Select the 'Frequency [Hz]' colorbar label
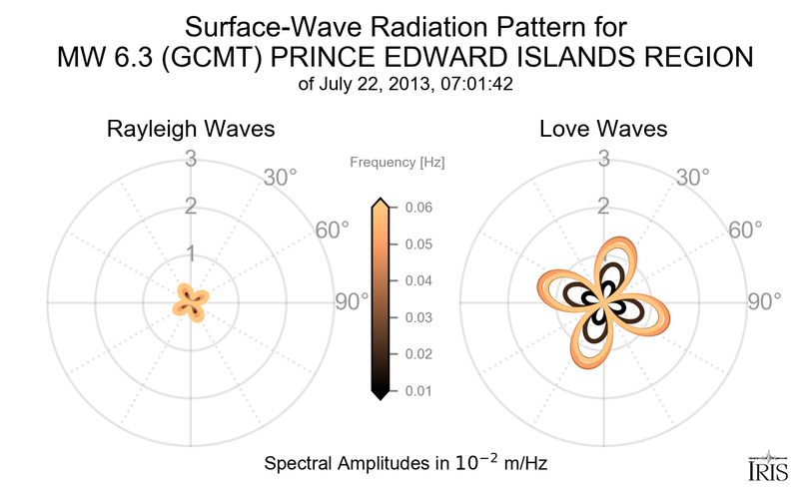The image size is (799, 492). point(398,161)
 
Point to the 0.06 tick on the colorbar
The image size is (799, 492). point(417,208)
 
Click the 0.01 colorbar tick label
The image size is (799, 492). point(417,390)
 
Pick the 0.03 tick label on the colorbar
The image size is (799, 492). point(417,317)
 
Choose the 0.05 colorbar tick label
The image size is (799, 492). point(417,245)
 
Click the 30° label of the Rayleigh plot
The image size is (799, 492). point(281,178)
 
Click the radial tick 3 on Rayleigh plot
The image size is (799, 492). point(190,158)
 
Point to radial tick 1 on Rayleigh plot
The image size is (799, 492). point(190,253)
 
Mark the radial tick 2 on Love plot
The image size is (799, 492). point(603,207)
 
